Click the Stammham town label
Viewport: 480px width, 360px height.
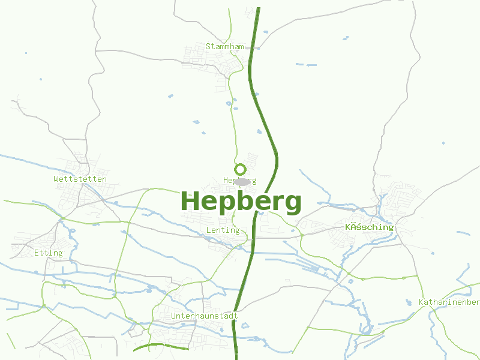[224, 46]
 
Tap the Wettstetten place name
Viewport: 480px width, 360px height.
[80, 179]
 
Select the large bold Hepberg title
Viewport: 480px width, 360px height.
[241, 202]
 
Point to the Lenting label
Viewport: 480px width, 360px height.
[223, 230]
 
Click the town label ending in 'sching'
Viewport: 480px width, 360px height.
[369, 227]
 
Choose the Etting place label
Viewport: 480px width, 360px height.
[49, 253]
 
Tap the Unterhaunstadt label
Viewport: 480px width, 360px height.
[205, 316]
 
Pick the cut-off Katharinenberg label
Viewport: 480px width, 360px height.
[449, 302]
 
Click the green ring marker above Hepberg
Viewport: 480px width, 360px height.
[240, 169]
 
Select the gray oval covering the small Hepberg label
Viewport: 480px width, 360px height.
[241, 181]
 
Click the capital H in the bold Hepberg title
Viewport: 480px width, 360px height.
[191, 202]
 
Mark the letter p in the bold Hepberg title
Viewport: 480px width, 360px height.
[227, 205]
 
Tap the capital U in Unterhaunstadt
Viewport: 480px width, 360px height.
[174, 316]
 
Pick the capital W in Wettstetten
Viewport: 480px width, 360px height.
[56, 179]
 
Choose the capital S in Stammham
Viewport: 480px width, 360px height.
[208, 46]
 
